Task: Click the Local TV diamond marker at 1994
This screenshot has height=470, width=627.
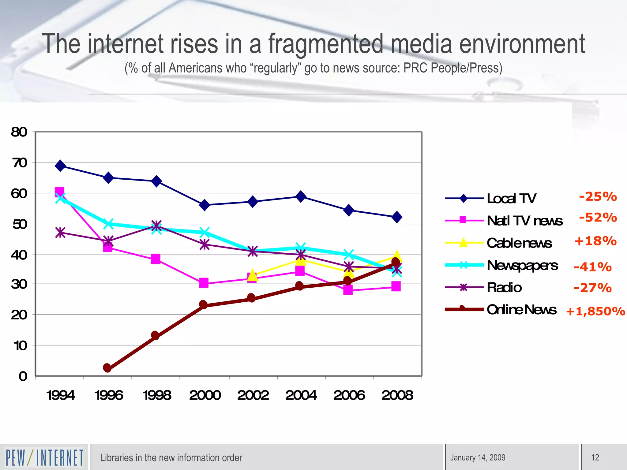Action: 60,166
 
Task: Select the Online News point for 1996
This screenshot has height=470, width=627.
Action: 107,368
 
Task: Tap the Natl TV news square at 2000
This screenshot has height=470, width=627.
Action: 204,283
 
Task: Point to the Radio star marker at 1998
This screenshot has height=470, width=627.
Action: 156,226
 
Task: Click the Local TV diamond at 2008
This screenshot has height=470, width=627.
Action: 397,217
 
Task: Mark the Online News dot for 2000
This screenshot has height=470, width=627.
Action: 203,305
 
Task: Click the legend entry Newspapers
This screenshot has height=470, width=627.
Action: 522,265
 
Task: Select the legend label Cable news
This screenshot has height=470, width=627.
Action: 519,243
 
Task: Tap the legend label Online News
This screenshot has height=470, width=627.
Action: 522,310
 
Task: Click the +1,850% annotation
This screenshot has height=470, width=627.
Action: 595,311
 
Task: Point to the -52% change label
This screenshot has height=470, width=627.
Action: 598,218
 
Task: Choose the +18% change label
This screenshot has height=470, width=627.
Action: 595,241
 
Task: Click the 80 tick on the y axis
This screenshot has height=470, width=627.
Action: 19,132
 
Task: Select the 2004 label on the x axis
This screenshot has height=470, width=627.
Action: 301,395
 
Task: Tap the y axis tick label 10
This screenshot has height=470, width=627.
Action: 20,346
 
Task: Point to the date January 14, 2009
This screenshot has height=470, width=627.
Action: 478,458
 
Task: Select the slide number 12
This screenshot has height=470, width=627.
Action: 595,458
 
